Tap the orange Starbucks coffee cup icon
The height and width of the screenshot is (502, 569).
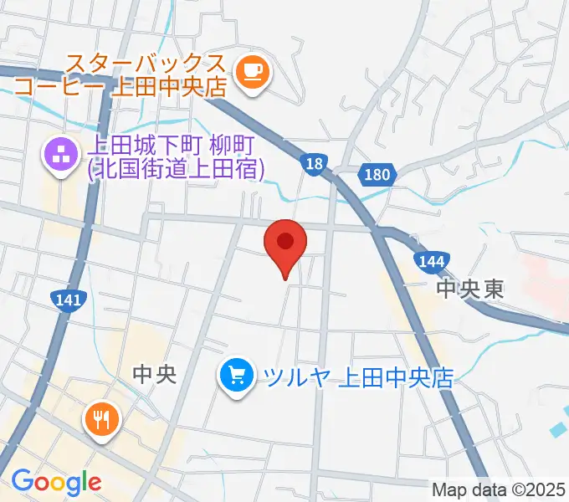click(x=251, y=72)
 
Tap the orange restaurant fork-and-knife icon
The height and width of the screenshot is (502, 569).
click(x=102, y=418)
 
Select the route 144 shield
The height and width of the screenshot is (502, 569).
click(x=430, y=262)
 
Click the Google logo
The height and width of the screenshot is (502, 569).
click(x=56, y=482)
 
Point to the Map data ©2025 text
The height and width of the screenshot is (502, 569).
click(x=498, y=489)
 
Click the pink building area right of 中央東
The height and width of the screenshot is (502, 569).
click(x=545, y=277)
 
